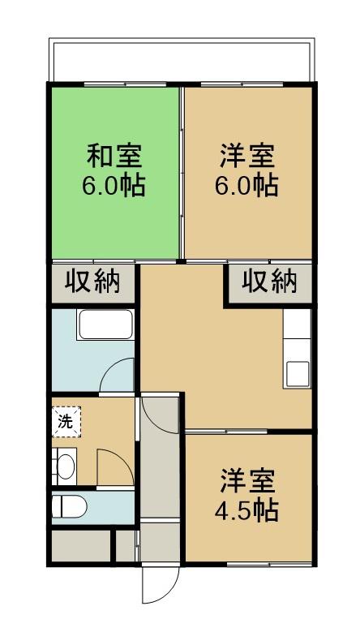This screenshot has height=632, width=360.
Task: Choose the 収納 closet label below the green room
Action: click(x=92, y=282)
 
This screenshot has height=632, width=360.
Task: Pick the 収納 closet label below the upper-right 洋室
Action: click(x=268, y=282)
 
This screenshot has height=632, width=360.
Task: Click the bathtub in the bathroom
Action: click(x=105, y=328)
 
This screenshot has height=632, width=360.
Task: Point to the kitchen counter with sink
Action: click(x=297, y=349)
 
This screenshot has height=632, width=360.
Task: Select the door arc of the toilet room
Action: click(x=112, y=466)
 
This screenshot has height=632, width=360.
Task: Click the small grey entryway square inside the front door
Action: click(x=159, y=542)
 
